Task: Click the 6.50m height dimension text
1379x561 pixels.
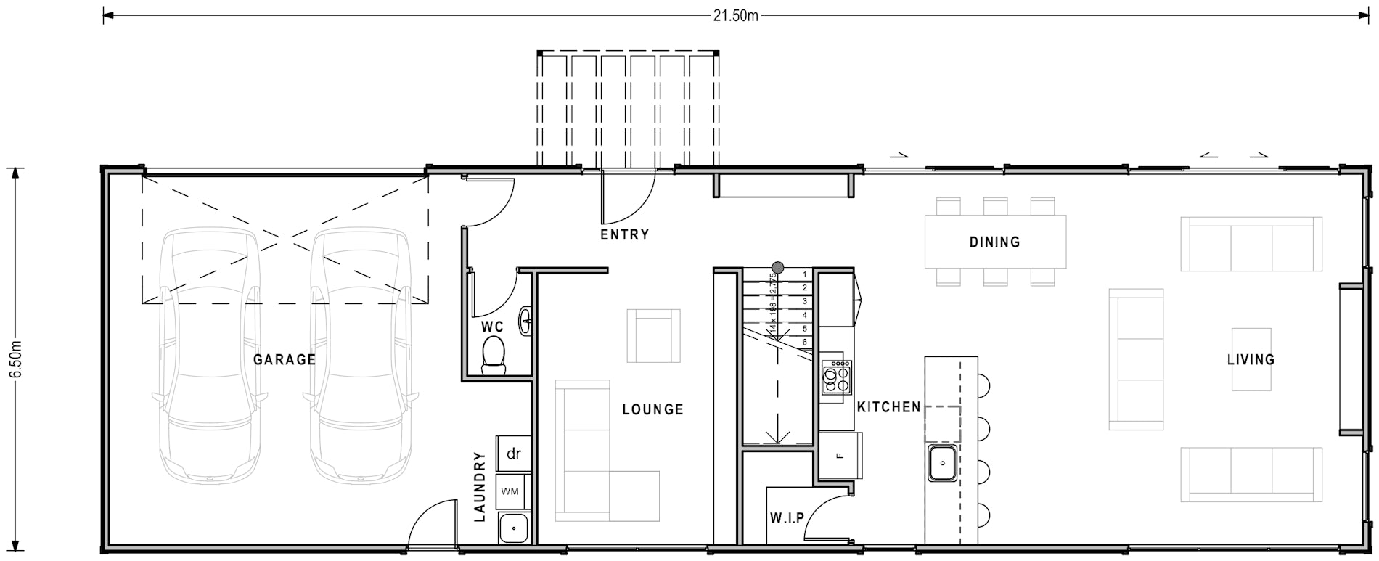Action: [x=17, y=359]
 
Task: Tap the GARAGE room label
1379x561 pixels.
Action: [x=285, y=359]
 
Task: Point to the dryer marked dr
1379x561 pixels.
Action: [x=513, y=454]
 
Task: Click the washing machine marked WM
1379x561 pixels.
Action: [x=510, y=491]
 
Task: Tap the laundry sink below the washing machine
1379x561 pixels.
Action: [x=513, y=528]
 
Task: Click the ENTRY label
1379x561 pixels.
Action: [x=624, y=234]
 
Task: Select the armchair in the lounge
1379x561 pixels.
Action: [x=653, y=335]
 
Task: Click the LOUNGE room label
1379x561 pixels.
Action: [x=652, y=409]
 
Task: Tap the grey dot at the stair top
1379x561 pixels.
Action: [x=777, y=267]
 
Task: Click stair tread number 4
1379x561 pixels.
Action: [x=804, y=315]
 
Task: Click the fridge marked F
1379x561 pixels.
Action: [x=840, y=456]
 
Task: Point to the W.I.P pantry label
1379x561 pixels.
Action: [x=787, y=518]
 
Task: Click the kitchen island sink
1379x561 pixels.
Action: [x=942, y=462]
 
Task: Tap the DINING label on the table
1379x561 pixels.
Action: [x=994, y=242]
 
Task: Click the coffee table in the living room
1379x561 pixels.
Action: [x=1251, y=359]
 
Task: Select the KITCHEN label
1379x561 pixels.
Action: [x=888, y=407]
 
